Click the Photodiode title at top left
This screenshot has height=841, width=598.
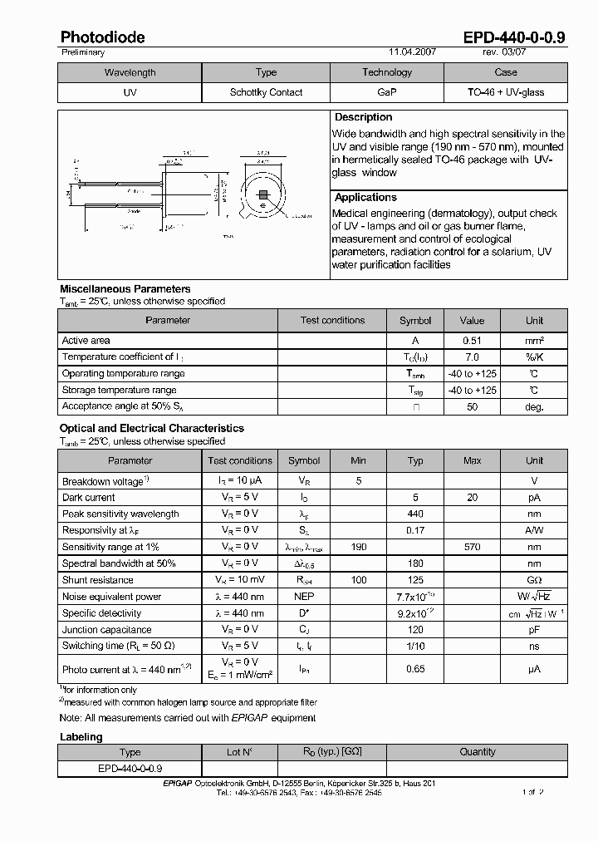click(x=102, y=37)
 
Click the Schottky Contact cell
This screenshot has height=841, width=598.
click(x=266, y=92)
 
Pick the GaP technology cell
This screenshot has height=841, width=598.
click(x=386, y=92)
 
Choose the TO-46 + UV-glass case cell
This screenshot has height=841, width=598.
click(x=505, y=92)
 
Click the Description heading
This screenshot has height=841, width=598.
click(x=363, y=117)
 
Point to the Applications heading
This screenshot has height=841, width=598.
click(x=365, y=198)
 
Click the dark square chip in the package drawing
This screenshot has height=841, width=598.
click(x=263, y=195)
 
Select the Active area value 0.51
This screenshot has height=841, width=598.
click(x=472, y=341)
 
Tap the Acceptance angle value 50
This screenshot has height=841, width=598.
click(x=472, y=407)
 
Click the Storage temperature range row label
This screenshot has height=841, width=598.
click(x=119, y=391)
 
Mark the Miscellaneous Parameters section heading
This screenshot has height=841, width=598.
click(x=125, y=289)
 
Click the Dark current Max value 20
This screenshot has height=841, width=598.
click(x=472, y=498)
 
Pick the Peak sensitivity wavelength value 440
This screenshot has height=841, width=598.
click(x=415, y=514)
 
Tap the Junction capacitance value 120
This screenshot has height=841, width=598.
click(x=415, y=630)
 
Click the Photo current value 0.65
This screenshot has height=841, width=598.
click(x=415, y=668)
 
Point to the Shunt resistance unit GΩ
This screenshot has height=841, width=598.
click(x=534, y=580)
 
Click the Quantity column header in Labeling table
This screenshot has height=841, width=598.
click(x=478, y=752)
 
